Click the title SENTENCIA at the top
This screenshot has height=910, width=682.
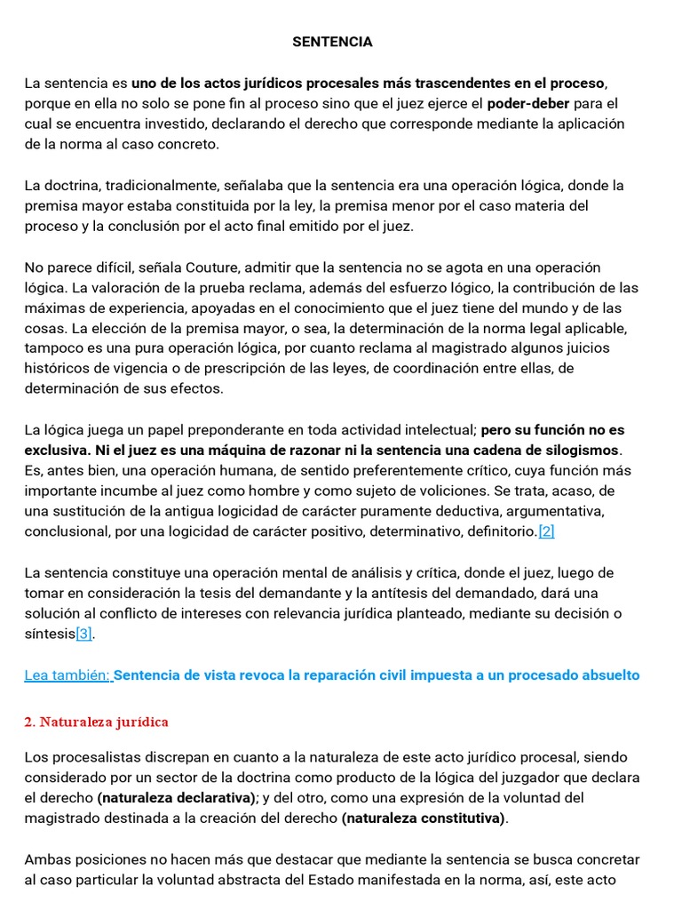point(333,42)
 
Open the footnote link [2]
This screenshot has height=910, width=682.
point(546,531)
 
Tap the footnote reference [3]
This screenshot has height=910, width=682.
point(83,634)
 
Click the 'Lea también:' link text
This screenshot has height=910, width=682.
point(67,675)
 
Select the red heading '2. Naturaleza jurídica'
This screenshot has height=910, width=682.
point(96,722)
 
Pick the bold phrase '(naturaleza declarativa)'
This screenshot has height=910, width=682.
point(178,798)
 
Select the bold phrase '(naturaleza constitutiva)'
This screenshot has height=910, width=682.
point(423,818)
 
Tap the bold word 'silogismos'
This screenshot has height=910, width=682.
point(577,450)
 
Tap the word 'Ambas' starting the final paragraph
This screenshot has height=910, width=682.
point(45,859)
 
